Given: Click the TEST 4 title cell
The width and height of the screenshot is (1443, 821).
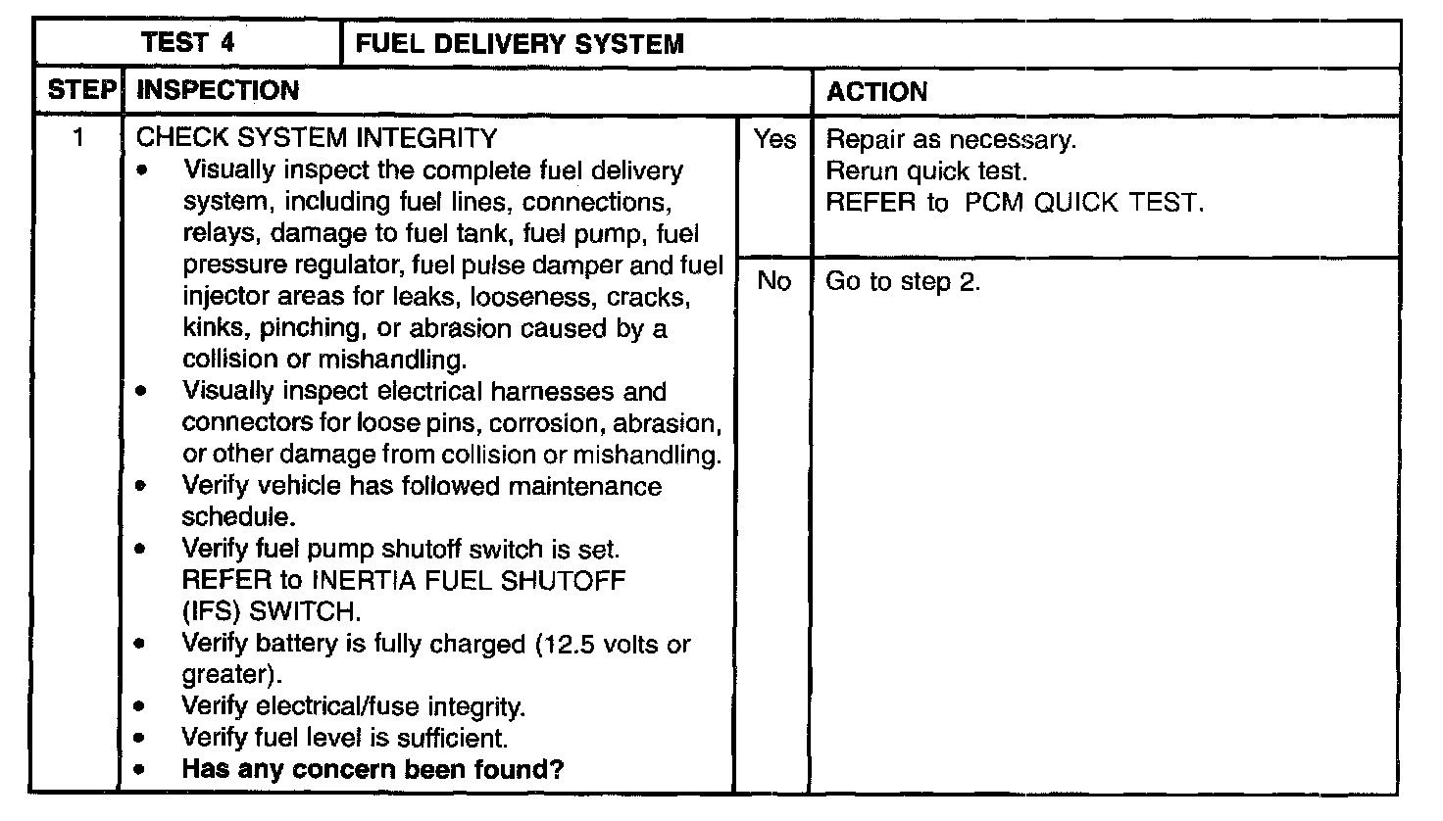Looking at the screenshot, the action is pyautogui.click(x=187, y=43).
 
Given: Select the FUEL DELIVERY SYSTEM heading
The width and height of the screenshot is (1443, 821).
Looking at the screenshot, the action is pyautogui.click(x=520, y=44).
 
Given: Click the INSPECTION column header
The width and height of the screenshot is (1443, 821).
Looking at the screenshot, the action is pyautogui.click(x=218, y=91).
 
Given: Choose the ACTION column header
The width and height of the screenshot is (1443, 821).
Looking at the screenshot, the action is pyautogui.click(x=876, y=92).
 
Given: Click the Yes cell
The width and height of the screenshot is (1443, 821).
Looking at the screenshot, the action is pyautogui.click(x=773, y=140).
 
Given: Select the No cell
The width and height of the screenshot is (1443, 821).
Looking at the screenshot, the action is pyautogui.click(x=773, y=282).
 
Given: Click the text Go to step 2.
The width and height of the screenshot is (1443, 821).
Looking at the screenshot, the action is pyautogui.click(x=903, y=282).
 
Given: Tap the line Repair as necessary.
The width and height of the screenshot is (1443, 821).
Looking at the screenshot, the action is pyautogui.click(x=951, y=140).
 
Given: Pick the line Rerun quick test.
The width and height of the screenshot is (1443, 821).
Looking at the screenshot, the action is pyautogui.click(x=926, y=171).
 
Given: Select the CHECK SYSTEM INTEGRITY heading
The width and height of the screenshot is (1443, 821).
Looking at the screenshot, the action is pyautogui.click(x=317, y=138).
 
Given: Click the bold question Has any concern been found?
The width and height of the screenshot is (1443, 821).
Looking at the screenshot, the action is pyautogui.click(x=373, y=769).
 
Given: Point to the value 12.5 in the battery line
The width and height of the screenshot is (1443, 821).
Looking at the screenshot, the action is pyautogui.click(x=568, y=644).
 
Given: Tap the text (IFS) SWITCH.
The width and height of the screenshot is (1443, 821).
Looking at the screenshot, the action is pyautogui.click(x=272, y=612).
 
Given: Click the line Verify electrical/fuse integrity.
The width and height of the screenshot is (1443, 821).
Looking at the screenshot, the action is pyautogui.click(x=354, y=706).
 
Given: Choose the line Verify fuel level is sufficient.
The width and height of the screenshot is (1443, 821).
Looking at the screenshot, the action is pyautogui.click(x=345, y=738).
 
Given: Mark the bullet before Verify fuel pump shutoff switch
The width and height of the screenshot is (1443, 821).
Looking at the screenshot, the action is pyautogui.click(x=145, y=550).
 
